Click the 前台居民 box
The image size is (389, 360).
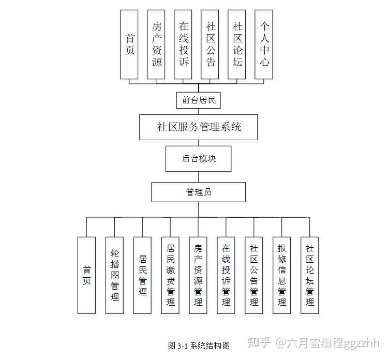[199, 100]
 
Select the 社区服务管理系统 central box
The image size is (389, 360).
[199, 127]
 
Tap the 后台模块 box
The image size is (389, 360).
[199, 159]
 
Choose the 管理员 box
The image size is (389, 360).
[199, 192]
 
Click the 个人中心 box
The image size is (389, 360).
[264, 44]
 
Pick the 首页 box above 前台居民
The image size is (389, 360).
[129, 44]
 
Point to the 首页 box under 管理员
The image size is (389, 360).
[86, 275]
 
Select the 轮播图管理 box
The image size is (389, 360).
[114, 275]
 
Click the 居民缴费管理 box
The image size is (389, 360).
[170, 275]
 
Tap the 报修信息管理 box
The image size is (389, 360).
[281, 275]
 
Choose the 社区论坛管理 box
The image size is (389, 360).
[310, 275]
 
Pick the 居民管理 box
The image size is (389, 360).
[142, 275]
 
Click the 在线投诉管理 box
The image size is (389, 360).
[226, 275]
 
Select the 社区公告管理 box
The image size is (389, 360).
[254, 275]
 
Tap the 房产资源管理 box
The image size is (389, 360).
[198, 275]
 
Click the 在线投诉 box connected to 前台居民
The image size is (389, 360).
[183, 44]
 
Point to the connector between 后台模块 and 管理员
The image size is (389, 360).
[199, 177]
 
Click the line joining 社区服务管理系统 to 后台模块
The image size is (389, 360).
[199, 143]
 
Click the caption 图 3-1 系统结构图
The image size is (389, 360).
[199, 346]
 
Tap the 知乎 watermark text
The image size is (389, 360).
[259, 342]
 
